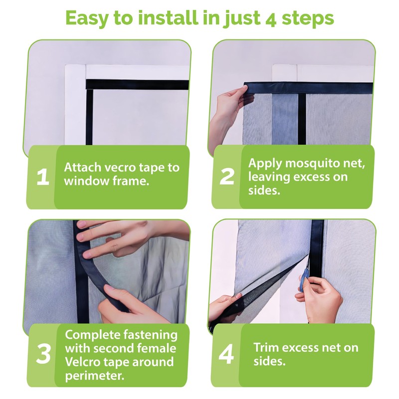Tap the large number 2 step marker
coord(226,177)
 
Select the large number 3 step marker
coord(43,354)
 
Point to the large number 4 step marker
coord(226,354)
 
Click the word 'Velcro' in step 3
coord(81,362)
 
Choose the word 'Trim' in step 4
coord(266,347)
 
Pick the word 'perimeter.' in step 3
coord(95,376)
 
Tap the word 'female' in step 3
coord(157,348)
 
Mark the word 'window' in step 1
coord(82,181)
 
